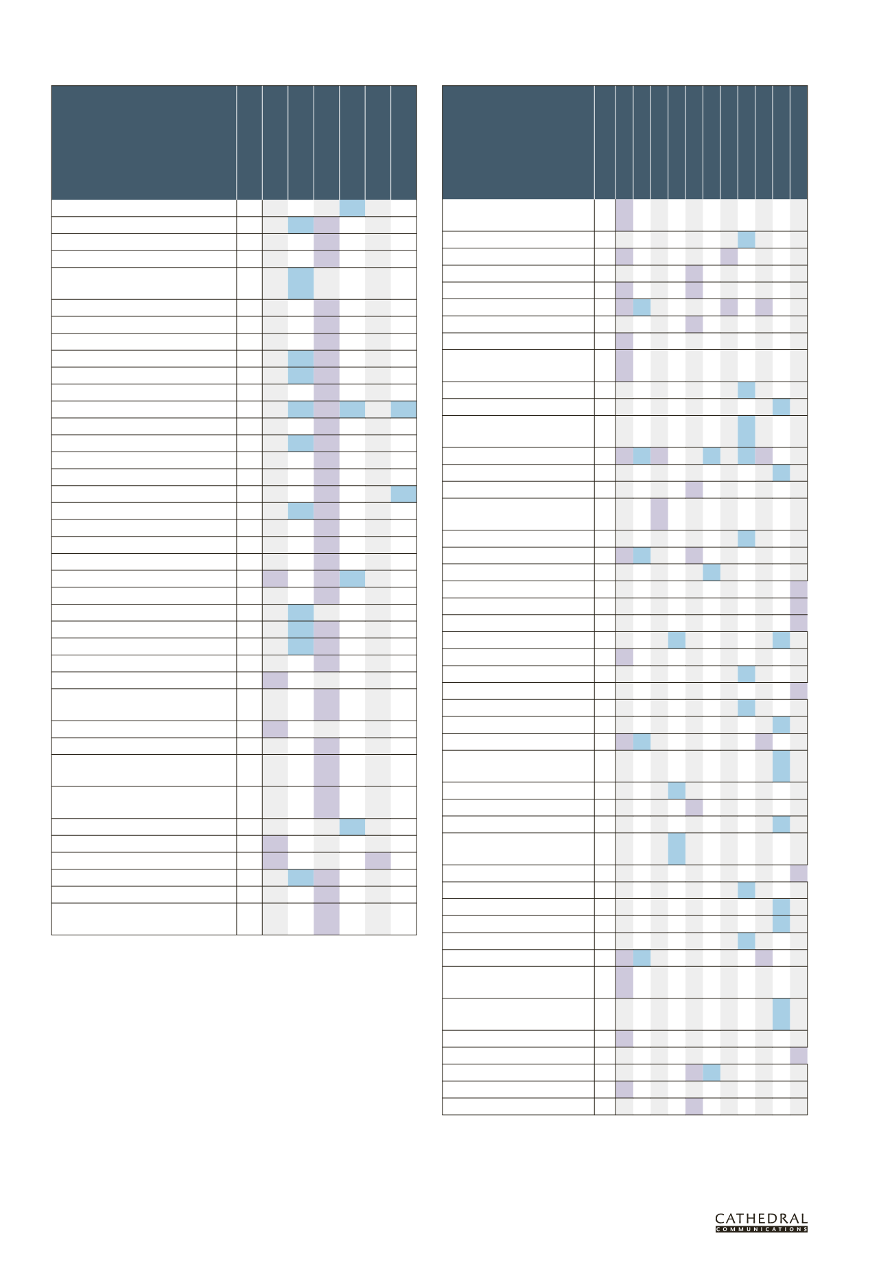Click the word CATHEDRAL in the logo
point(761,1219)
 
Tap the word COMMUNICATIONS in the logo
point(761,1229)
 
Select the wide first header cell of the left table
point(144,143)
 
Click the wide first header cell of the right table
point(518,143)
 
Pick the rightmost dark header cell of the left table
point(403,143)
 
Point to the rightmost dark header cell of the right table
point(799,143)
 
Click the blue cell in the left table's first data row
point(352,209)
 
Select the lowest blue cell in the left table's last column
point(403,493)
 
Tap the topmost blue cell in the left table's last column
point(403,409)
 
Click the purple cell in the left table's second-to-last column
point(377,861)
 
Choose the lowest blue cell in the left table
point(301,877)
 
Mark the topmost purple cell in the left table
point(327,225)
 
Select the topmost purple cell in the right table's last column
point(799,589)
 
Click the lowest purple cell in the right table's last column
point(799,1055)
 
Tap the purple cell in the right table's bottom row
point(694,1106)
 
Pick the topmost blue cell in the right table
point(747,239)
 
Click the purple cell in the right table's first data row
point(624,215)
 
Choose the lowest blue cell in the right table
point(712,1073)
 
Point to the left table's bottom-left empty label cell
point(144,919)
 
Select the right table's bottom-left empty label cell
point(518,1106)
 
